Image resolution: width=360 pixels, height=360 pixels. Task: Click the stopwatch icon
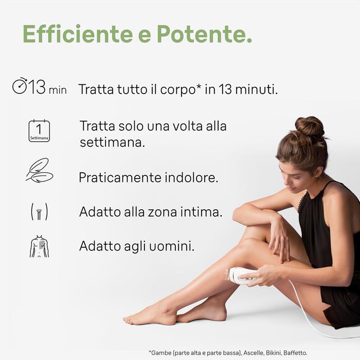20,86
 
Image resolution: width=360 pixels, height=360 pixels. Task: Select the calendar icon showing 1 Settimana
39,131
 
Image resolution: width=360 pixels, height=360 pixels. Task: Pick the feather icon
39,170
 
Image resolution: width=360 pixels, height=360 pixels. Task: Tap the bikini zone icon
39,212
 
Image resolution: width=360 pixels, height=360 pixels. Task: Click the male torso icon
39,247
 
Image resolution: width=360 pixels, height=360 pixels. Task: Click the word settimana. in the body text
112,142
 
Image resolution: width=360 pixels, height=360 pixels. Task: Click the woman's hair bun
309,126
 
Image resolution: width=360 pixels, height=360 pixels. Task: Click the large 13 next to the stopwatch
37,87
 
